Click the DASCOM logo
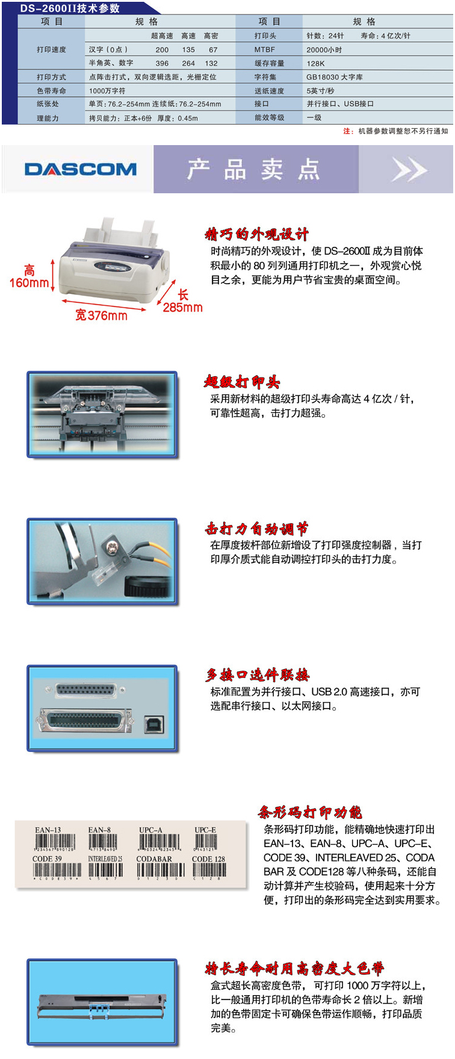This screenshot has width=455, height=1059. tap(80, 169)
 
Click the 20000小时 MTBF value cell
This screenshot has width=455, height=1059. tap(324, 50)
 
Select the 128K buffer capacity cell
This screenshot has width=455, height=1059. tap(315, 63)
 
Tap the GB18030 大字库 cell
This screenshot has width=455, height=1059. tap(334, 77)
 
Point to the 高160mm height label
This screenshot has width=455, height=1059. tap(29, 276)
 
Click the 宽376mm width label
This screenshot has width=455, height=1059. tap(101, 315)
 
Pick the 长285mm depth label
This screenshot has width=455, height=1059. tap(182, 301)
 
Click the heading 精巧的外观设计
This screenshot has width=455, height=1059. tap(257, 234)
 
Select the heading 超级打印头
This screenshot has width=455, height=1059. tap(242, 382)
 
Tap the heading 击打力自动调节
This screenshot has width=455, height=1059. tap(257, 529)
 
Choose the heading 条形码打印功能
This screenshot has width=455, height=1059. tap(310, 812)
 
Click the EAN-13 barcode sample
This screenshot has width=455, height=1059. tap(54, 841)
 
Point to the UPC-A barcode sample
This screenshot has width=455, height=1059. tap(159, 841)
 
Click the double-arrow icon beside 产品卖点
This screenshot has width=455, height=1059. tap(408, 169)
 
